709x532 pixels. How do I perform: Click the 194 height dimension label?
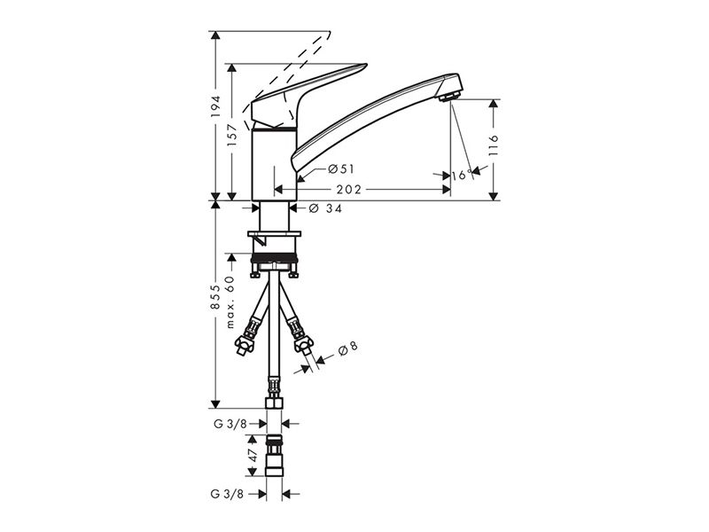click(215, 106)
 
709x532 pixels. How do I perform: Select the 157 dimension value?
click(232, 135)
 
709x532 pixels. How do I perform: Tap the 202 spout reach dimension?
click(348, 190)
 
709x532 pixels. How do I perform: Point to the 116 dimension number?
click(493, 145)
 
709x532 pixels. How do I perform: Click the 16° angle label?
click(462, 175)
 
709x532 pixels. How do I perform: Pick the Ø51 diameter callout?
click(341, 169)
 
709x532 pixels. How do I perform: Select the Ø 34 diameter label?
click(325, 208)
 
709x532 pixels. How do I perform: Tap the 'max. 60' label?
click(230, 301)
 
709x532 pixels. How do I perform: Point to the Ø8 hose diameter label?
click(347, 348)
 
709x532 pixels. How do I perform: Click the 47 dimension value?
click(253, 455)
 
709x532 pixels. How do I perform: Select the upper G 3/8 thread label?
click(230, 424)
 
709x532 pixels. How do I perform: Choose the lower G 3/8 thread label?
click(227, 494)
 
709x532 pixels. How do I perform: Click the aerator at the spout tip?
click(448, 96)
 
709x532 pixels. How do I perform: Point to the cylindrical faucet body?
click(274, 165)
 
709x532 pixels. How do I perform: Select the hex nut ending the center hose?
click(274, 403)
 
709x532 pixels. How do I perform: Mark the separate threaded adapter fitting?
click(274, 455)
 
